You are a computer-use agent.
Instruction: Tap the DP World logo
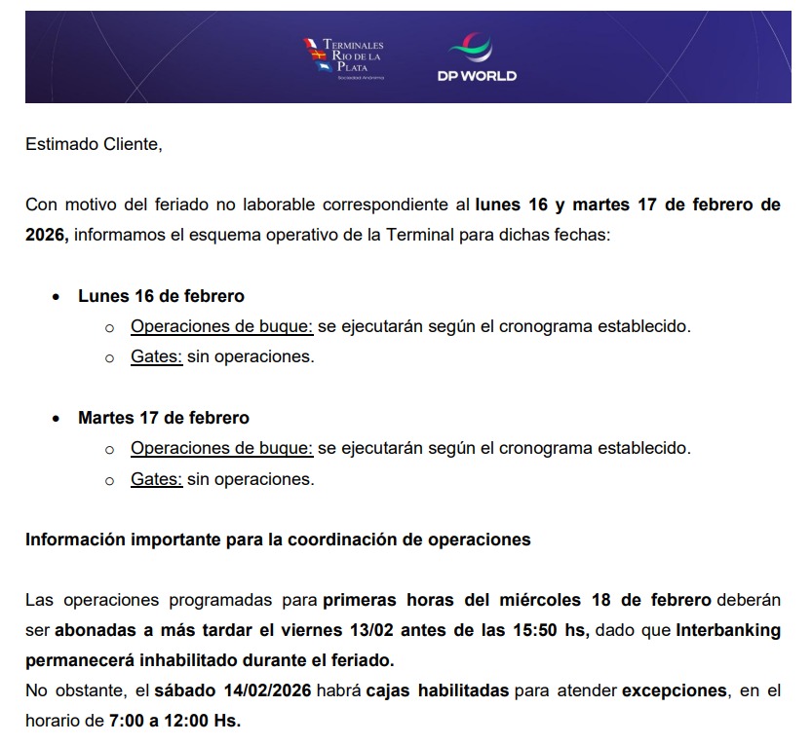tap(477, 59)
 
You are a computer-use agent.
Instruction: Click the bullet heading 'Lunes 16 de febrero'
tap(161, 295)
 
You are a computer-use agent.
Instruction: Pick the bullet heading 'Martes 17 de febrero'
tap(164, 418)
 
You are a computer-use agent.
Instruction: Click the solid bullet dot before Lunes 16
tap(56, 296)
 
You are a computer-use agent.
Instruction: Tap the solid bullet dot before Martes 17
tap(56, 419)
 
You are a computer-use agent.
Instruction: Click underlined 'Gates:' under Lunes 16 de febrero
tap(157, 356)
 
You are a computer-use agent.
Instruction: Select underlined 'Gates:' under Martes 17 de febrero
tap(157, 479)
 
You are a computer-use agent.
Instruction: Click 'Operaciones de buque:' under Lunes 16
tap(221, 326)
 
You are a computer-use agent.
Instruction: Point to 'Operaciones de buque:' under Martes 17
tap(221, 449)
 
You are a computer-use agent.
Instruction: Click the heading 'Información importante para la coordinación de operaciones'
tap(278, 539)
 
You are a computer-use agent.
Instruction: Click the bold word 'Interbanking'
tap(728, 630)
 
